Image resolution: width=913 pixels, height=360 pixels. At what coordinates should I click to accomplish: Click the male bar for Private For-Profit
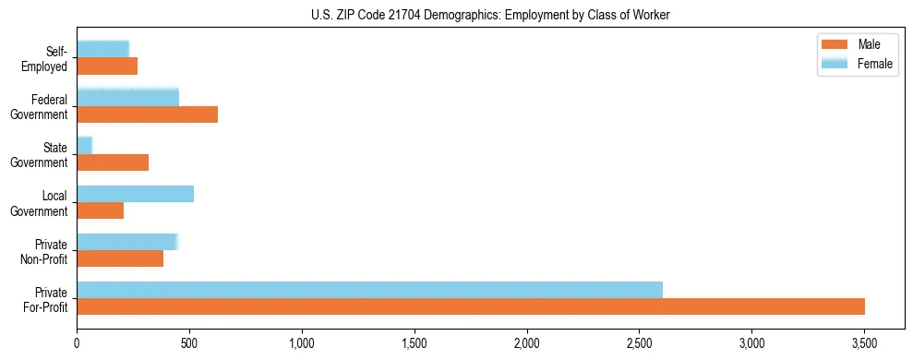(x=471, y=306)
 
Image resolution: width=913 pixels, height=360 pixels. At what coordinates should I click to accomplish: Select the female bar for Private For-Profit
(x=369, y=290)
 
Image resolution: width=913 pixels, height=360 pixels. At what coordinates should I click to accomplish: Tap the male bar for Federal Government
(x=147, y=114)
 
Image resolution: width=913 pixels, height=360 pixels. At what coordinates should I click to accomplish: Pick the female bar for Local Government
(x=135, y=194)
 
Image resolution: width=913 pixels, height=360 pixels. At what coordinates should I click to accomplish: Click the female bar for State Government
(x=84, y=146)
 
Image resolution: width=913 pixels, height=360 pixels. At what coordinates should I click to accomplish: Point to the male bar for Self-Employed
(x=107, y=66)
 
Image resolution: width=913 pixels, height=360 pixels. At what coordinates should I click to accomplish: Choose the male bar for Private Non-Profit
(x=120, y=258)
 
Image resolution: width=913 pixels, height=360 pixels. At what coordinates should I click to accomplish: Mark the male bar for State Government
(x=113, y=162)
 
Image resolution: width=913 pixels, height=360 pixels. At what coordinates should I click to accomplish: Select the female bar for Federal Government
(x=127, y=98)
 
